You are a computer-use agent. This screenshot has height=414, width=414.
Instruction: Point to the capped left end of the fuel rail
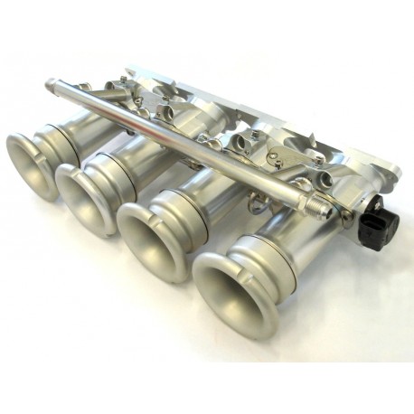(x=52, y=86)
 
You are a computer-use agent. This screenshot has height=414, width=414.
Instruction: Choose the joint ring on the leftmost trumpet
(x=64, y=136)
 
